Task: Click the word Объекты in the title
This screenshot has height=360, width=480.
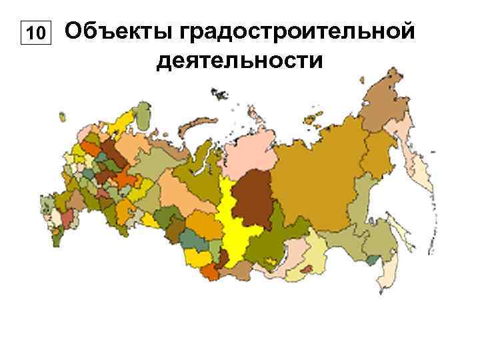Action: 117,31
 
